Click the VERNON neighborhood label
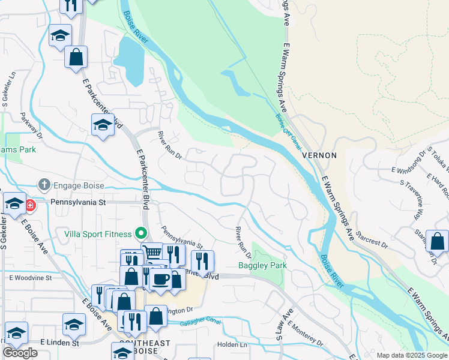click(319, 155)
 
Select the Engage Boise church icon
click(44, 185)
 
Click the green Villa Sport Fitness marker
click(141, 233)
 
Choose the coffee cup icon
click(160, 280)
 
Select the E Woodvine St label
click(31, 278)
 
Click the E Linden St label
click(60, 342)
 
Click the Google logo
click(20, 353)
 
